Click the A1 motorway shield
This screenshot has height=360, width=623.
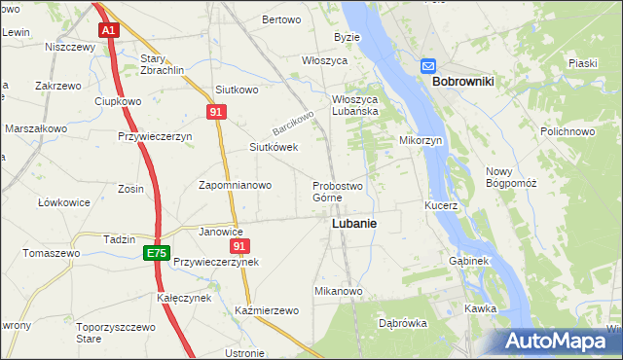pos(108,31)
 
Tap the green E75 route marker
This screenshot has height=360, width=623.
pos(156,253)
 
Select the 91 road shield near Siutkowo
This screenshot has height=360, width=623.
pos(216,113)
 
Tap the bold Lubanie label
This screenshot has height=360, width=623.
pos(354,223)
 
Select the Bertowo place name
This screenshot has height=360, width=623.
pos(281,19)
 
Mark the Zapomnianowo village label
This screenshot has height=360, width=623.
pos(235,185)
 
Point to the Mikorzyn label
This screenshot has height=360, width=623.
pos(421,140)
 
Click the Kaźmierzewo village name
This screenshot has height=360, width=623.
pos(266,310)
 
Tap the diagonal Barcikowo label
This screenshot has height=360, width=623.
pos(294,123)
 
